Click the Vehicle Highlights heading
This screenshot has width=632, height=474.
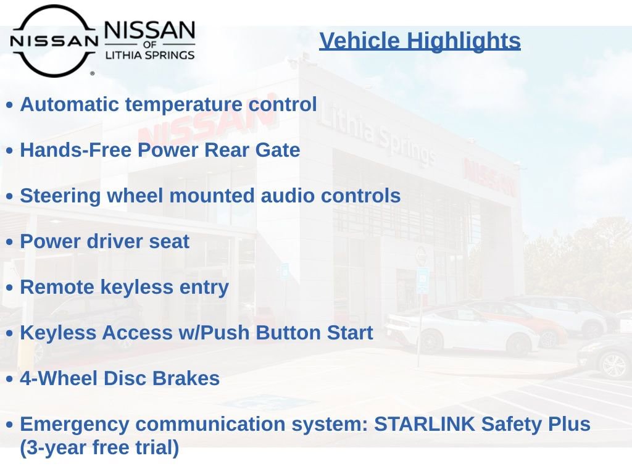click(420, 41)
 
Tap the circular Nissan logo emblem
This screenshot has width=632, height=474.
click(54, 41)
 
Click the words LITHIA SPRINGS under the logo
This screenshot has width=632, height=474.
click(150, 55)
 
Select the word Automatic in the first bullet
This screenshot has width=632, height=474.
click(70, 104)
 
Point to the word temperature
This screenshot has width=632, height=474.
click(184, 106)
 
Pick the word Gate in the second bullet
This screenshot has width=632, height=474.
click(278, 150)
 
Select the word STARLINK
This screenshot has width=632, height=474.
click(425, 424)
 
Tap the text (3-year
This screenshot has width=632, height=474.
click(54, 448)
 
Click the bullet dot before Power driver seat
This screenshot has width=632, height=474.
click(10, 242)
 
